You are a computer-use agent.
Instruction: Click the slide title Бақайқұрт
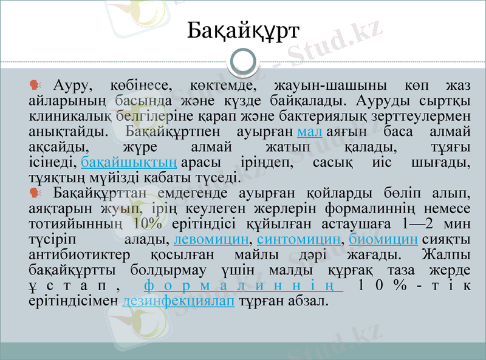click(243, 29)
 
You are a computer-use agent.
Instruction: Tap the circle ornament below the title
click(243, 61)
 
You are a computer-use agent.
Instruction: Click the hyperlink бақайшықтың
click(129, 162)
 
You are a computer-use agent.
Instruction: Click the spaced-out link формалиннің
click(244, 285)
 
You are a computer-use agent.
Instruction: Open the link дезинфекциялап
click(178, 301)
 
